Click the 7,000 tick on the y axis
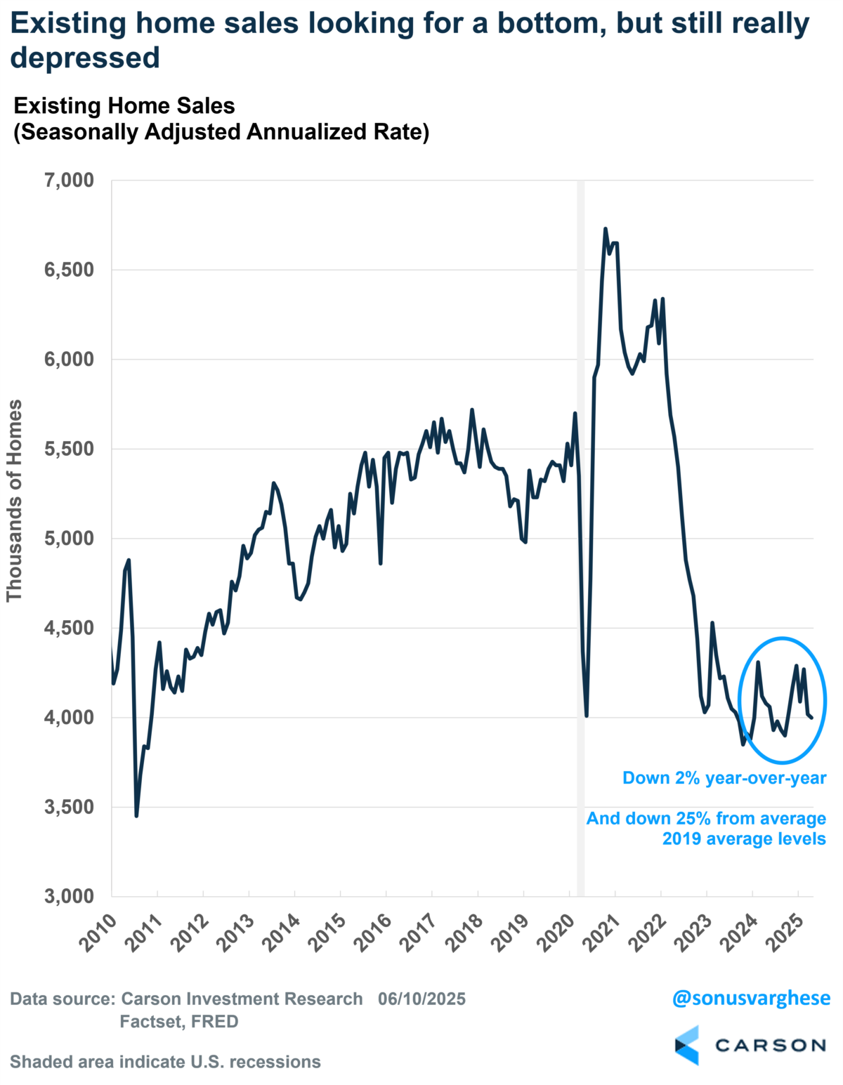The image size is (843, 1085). [x=69, y=180]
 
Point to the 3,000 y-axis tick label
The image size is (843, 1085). [x=69, y=896]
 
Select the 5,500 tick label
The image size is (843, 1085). [x=69, y=449]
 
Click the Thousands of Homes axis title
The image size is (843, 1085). [x=15, y=500]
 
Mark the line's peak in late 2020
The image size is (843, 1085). [x=606, y=229]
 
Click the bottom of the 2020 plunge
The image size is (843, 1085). [x=586, y=716]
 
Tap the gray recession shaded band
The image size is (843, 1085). [x=580, y=492]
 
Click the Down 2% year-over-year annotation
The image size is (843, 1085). [x=724, y=778]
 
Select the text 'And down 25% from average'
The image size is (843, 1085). [x=706, y=819]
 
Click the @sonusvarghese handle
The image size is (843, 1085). [x=750, y=998]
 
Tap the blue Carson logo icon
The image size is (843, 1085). [x=687, y=1045]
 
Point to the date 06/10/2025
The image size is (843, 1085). [x=421, y=999]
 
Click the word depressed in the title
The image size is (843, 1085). [x=85, y=58]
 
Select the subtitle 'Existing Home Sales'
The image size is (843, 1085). [x=124, y=106]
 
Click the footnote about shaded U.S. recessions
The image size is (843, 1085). [x=165, y=1061]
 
